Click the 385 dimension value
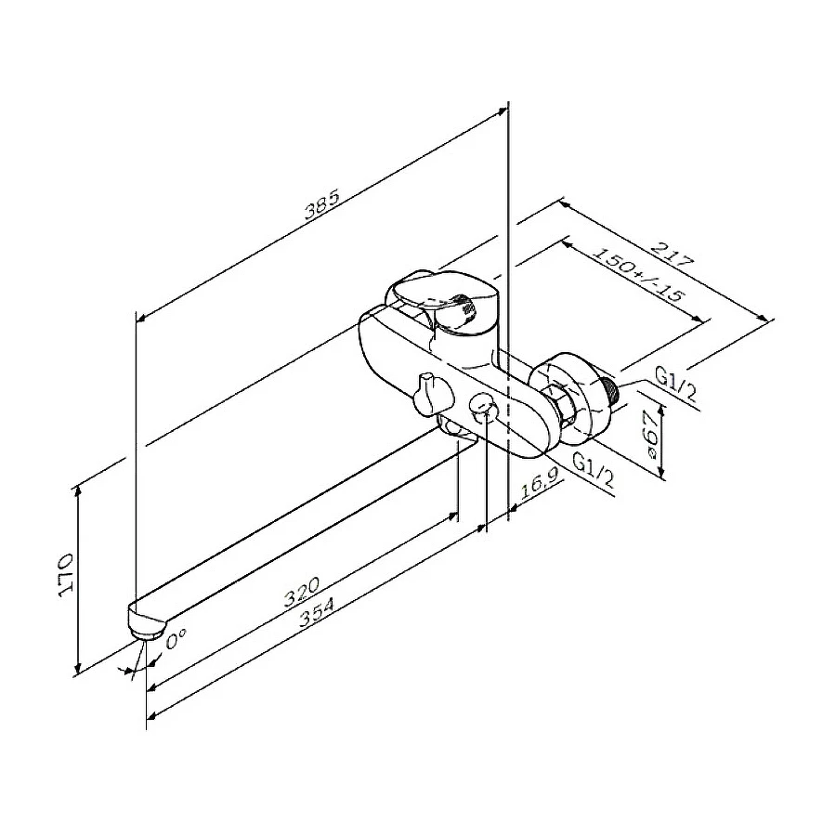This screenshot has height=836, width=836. (x=322, y=205)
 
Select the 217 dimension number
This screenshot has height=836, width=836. (x=673, y=255)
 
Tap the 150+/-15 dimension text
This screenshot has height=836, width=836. (x=638, y=275)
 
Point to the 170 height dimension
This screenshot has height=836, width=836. (x=66, y=575)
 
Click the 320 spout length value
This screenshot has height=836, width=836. (x=301, y=592)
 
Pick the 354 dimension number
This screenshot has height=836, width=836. (x=317, y=612)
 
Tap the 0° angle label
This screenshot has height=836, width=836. (x=176, y=638)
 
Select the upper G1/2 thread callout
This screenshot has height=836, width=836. (x=676, y=385)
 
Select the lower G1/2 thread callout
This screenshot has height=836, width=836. (x=594, y=470)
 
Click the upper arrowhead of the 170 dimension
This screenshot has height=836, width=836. (x=78, y=490)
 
